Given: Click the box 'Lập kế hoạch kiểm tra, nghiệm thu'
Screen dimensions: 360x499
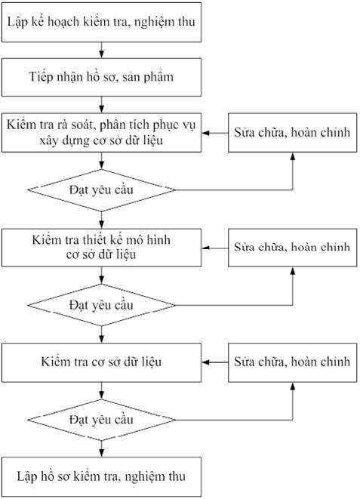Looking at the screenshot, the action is click(101, 23).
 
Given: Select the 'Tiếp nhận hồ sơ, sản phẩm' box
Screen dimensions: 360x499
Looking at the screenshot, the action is click(101, 77).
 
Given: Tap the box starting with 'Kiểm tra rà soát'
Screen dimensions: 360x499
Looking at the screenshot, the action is click(101, 132).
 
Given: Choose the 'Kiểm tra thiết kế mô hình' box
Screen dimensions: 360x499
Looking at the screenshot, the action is click(101, 248).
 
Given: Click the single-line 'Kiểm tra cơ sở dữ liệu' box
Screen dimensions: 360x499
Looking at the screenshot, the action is click(101, 362).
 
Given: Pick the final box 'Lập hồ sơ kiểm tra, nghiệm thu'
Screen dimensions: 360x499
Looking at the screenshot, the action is click(101, 476).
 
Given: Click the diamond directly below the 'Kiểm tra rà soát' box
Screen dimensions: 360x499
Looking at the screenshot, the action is click(101, 190).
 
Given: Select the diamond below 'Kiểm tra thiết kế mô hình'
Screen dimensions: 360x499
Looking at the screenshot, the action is click(101, 305).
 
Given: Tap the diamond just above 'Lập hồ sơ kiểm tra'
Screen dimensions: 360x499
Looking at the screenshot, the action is click(101, 420).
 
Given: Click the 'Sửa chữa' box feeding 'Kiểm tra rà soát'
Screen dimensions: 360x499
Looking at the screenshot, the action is click(293, 132).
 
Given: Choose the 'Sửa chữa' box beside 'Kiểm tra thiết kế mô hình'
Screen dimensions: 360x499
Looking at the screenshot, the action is click(293, 248).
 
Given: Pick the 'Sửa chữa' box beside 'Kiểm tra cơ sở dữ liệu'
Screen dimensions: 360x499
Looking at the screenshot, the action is click(293, 362).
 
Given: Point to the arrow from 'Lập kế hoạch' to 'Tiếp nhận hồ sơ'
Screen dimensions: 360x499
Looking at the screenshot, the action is click(101, 50).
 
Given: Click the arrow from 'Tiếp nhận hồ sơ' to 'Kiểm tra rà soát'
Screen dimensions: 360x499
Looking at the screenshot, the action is click(101, 105).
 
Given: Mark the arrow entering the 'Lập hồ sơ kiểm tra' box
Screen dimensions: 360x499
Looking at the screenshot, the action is click(101, 449).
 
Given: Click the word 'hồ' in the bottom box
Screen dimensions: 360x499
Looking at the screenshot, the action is click(48, 476).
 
